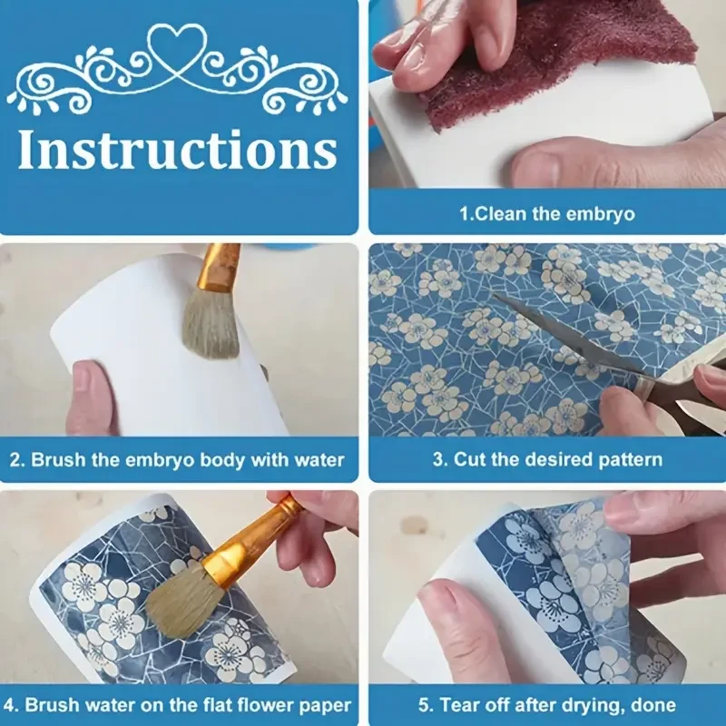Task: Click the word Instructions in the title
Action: coord(178,149)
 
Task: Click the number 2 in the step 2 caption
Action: coord(15,460)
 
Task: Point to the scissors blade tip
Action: coord(493,296)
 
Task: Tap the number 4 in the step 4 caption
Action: coord(15,706)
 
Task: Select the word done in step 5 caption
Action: coord(653,706)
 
